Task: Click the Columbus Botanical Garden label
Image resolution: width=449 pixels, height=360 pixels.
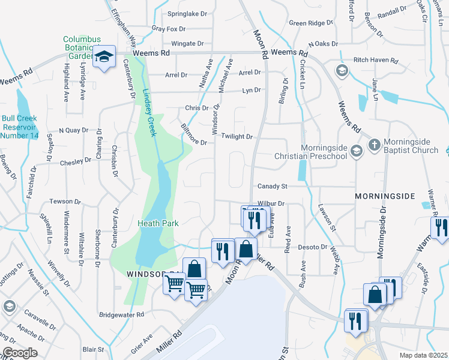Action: (x=82, y=47)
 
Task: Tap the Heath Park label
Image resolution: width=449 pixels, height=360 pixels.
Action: (x=155, y=223)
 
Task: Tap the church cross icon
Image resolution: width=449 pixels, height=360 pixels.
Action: (x=373, y=145)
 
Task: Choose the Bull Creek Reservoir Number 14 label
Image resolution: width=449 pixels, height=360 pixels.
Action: (x=20, y=127)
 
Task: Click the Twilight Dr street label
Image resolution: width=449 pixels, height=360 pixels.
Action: (x=237, y=137)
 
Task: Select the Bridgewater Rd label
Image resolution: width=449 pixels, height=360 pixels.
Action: (x=122, y=314)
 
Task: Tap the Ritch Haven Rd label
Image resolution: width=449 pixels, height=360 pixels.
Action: (x=376, y=61)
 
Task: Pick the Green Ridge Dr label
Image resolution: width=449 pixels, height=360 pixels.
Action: (x=310, y=23)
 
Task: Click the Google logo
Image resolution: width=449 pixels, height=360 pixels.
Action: (x=19, y=353)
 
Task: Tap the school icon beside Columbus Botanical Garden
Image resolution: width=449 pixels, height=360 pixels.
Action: (x=104, y=58)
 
